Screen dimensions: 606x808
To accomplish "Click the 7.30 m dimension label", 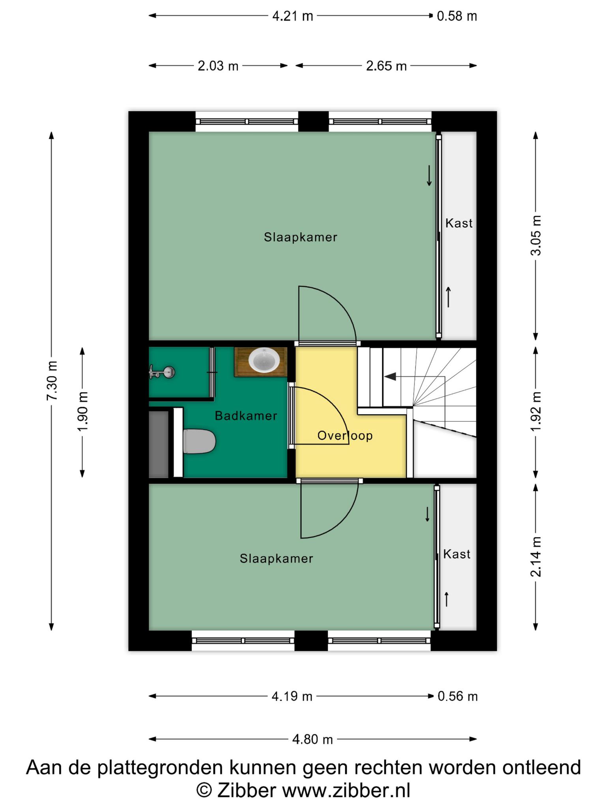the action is (x=52, y=380).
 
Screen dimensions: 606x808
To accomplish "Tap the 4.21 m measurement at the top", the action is (x=293, y=16).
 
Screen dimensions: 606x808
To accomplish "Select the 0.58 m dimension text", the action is (x=457, y=16).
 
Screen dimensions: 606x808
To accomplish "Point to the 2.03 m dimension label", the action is (x=218, y=66).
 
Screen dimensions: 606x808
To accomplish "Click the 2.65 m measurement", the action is (x=386, y=66).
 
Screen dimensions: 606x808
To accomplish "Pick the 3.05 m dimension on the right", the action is (x=536, y=236).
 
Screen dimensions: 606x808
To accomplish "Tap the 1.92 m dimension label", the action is (x=536, y=411).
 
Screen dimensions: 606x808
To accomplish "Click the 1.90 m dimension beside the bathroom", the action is (x=82, y=411).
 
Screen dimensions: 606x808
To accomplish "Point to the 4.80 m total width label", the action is (x=312, y=739).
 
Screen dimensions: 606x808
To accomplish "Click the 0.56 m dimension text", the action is (x=458, y=696).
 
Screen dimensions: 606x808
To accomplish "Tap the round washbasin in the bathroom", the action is (x=264, y=360).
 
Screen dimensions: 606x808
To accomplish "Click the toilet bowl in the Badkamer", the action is (x=200, y=441).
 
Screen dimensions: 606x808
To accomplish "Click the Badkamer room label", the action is (x=246, y=416).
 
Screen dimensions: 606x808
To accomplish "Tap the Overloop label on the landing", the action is (x=345, y=436).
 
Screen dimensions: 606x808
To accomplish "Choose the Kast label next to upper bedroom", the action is (x=459, y=223).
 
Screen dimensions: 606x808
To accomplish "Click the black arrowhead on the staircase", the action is (x=390, y=376).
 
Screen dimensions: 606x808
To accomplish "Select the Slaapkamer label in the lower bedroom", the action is (x=277, y=559).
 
